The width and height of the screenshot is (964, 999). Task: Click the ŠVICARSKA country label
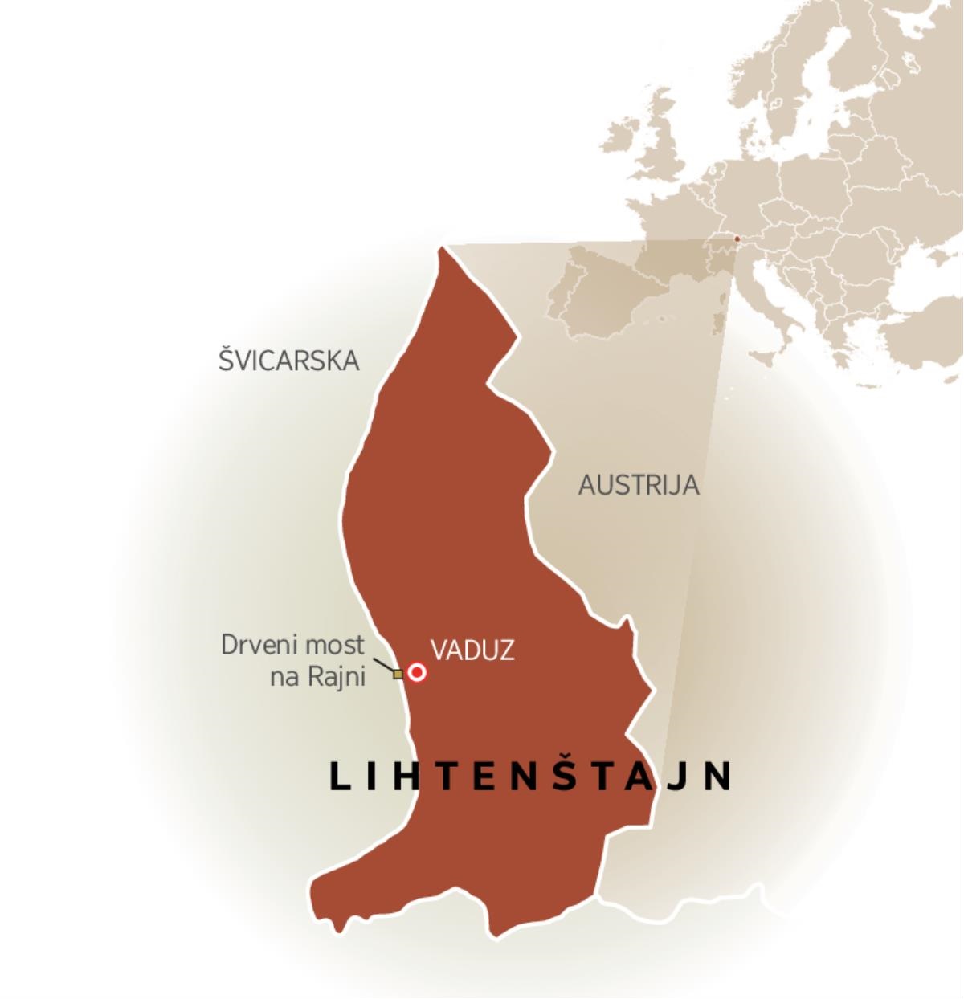288,361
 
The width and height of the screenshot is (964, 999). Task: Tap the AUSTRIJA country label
639,485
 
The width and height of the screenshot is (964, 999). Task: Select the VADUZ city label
472,650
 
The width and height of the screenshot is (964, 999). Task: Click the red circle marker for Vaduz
416,672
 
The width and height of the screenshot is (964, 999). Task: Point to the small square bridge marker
398,675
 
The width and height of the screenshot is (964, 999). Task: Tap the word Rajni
336,677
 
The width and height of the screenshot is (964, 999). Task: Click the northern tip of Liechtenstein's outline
441,251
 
